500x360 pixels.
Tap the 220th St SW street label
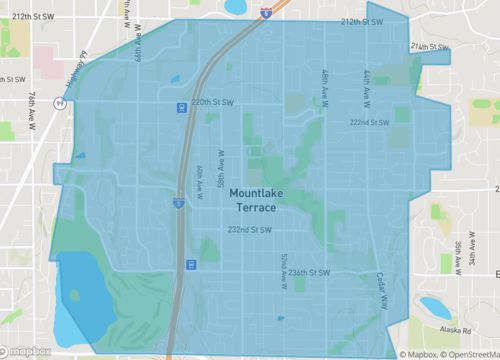[x=212, y=102]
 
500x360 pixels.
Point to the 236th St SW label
[x=306, y=271]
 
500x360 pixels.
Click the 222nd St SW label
[x=368, y=122]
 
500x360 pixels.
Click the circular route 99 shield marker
[x=62, y=102]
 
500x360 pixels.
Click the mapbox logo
[x=28, y=351]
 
